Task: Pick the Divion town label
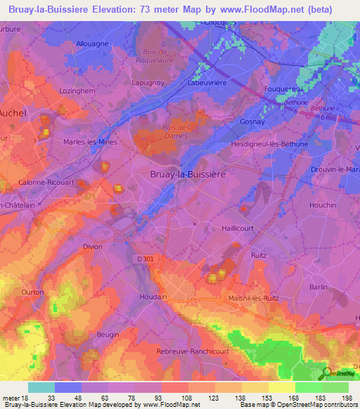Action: (93, 247)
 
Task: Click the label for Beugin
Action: (108, 335)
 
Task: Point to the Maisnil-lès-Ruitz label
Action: (254, 299)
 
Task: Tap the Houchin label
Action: (323, 205)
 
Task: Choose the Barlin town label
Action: (319, 287)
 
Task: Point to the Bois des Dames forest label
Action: (176, 131)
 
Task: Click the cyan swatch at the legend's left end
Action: (41, 387)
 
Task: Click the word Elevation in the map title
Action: (125, 9)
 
